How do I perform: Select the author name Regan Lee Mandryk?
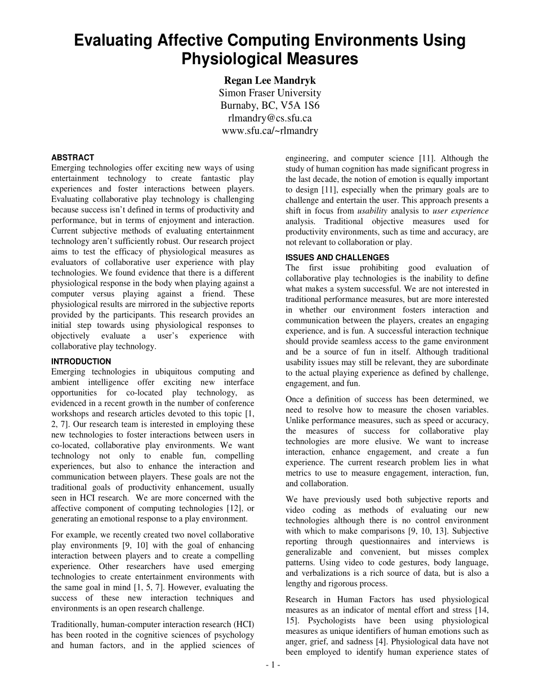click(x=270, y=80)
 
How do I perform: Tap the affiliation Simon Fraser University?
click(x=270, y=93)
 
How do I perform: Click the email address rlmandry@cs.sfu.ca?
click(x=270, y=118)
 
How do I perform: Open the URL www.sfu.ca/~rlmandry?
click(x=270, y=131)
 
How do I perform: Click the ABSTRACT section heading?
click(x=73, y=158)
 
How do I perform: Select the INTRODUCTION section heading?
click(x=81, y=362)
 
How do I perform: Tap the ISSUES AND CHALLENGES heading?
click(x=337, y=257)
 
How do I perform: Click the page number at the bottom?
click(x=273, y=665)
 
